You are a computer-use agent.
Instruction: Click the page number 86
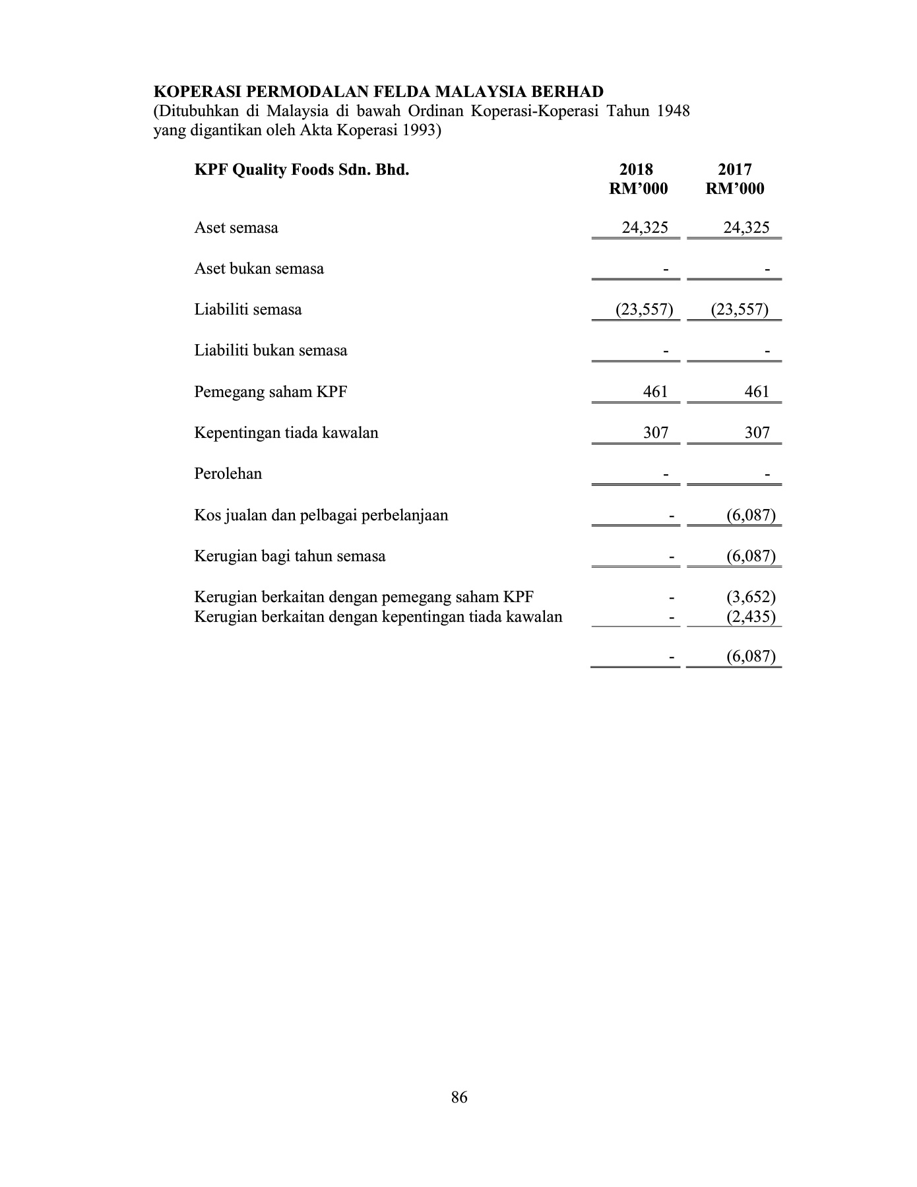click(x=459, y=1097)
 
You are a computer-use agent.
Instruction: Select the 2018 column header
click(x=637, y=170)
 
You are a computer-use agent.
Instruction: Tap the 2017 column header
click(x=734, y=170)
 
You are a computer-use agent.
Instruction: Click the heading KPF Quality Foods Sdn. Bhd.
click(x=301, y=170)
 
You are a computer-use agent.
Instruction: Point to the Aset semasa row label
click(x=236, y=228)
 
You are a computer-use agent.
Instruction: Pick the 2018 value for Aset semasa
click(x=645, y=228)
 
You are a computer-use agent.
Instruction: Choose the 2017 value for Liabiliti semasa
click(x=740, y=310)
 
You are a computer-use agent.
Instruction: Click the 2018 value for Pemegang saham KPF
click(x=655, y=392)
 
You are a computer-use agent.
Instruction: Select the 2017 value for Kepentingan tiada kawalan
click(x=757, y=433)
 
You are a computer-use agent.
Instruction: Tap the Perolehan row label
click(x=228, y=474)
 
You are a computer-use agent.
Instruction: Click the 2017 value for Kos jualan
click(x=751, y=516)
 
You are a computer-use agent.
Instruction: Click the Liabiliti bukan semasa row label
click(x=270, y=351)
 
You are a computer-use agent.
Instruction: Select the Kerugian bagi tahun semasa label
click(x=290, y=557)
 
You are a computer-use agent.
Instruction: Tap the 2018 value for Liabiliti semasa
click(x=644, y=310)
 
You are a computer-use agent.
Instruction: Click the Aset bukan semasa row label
click(x=259, y=269)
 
